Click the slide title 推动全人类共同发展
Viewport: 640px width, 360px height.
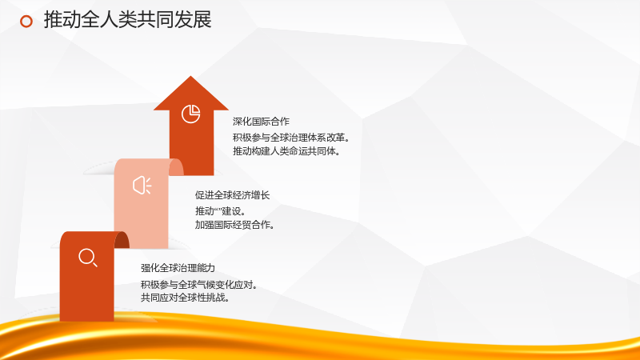pos(127,20)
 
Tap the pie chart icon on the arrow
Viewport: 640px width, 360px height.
pos(190,114)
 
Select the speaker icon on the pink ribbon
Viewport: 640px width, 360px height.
pos(142,186)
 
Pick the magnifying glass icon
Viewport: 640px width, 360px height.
pos(88,258)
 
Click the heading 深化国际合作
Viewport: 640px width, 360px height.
pos(261,122)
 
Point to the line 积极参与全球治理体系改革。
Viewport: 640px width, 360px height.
pos(291,138)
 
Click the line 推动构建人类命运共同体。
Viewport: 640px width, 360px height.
pos(286,151)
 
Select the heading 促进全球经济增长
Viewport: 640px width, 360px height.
pos(232,195)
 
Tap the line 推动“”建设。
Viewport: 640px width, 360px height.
pos(220,211)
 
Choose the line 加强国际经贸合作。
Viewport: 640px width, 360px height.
pos(234,225)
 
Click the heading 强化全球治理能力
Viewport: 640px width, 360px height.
pos(178,268)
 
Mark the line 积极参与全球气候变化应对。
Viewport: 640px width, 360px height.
pos(199,285)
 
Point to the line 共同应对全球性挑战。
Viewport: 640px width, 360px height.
pos(185,298)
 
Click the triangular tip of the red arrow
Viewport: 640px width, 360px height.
pos(190,76)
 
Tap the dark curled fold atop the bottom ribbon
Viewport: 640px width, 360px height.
pos(122,240)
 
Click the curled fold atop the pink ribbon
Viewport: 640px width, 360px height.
pos(176,167)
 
